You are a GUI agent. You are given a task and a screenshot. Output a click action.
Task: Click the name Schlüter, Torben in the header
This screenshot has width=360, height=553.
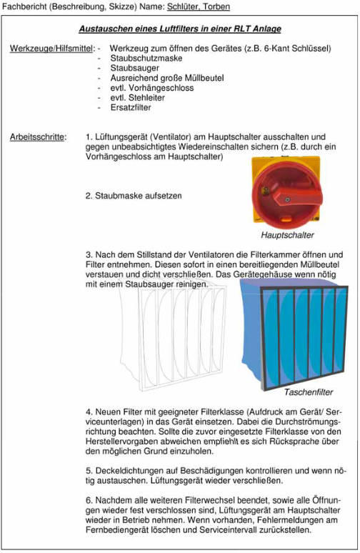pos(199,6)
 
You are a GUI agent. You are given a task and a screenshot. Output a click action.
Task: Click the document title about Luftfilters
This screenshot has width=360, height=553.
pos(180,29)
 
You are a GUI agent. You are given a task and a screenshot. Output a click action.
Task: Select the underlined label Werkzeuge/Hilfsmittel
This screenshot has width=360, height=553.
pos(52,49)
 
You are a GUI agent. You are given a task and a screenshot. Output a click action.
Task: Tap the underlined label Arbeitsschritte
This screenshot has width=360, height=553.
pos(38,137)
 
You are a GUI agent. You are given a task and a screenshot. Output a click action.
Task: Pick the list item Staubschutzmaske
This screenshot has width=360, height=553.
pos(146,58)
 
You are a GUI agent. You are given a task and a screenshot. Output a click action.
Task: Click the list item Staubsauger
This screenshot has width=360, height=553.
pos(135,68)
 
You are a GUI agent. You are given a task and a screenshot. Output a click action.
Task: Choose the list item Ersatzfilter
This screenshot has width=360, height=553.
pos(131,108)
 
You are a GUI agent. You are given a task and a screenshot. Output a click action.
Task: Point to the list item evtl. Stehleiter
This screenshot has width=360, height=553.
pos(138,98)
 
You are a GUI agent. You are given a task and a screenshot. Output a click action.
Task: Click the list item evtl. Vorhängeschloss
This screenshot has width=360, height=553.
pos(152,88)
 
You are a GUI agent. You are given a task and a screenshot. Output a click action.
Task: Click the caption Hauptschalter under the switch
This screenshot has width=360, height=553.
pos(287,235)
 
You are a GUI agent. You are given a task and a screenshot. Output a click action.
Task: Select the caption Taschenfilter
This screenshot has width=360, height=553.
pos(309,392)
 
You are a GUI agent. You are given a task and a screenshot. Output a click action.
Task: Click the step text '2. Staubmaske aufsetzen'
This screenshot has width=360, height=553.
pos(134,196)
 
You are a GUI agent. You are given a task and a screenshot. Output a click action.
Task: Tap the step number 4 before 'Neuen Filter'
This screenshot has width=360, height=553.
pos(89,412)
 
